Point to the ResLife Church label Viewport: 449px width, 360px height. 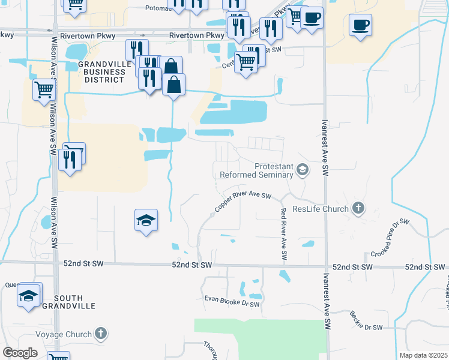[321, 209]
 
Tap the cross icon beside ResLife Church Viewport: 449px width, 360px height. [358, 208]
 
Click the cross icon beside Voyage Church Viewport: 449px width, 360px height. [101, 334]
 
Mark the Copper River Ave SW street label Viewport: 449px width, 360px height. [243, 203]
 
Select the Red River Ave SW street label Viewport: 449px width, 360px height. [283, 234]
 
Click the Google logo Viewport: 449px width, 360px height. [20, 353]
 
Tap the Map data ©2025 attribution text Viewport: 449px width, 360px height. [423, 355]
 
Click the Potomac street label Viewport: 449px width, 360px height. [158, 9]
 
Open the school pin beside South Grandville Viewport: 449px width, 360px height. [28, 295]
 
